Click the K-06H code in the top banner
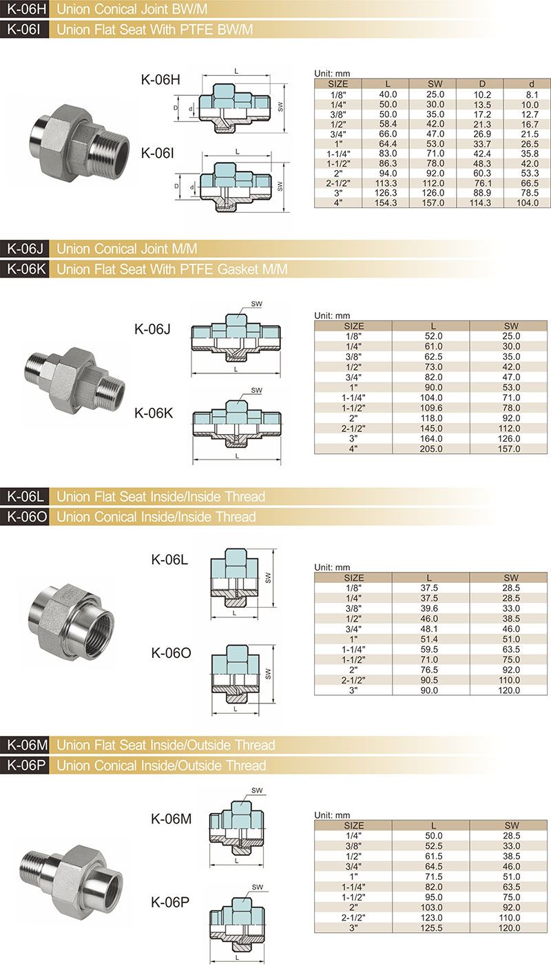[25, 9]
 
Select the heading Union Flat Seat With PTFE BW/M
[155, 30]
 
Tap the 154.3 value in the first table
[386, 203]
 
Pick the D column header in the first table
[482, 83]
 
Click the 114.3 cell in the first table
[480, 203]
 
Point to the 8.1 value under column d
[532, 94]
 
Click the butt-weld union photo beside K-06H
[79, 140]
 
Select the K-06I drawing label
[157, 153]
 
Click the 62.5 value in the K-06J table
[433, 357]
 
